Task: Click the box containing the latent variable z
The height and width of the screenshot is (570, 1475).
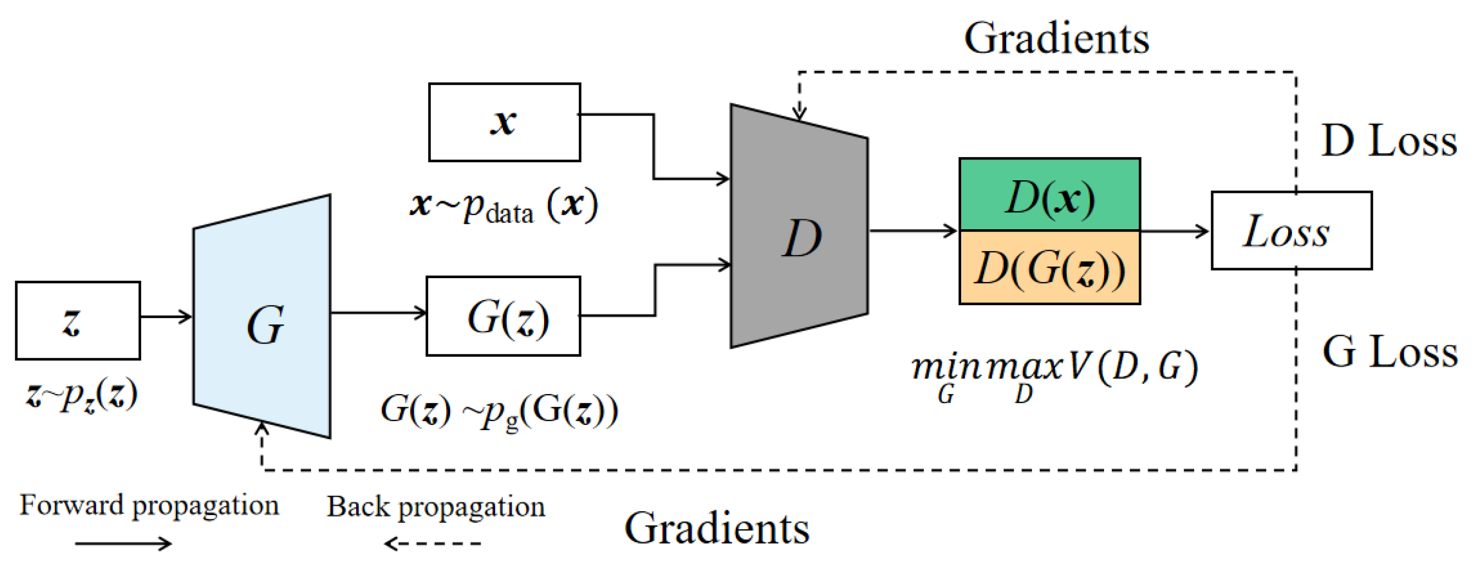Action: pyautogui.click(x=78, y=320)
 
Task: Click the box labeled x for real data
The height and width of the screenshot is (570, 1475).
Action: pyautogui.click(x=504, y=122)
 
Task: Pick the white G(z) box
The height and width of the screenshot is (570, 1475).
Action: pyautogui.click(x=503, y=316)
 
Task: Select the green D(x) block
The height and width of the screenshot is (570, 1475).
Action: pyautogui.click(x=1049, y=195)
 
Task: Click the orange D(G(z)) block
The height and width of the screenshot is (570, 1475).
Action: pyautogui.click(x=1049, y=268)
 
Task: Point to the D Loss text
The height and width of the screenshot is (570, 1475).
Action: pyautogui.click(x=1389, y=140)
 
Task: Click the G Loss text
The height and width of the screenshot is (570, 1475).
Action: pyautogui.click(x=1389, y=351)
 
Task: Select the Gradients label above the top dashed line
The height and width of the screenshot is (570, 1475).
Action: pyautogui.click(x=1056, y=38)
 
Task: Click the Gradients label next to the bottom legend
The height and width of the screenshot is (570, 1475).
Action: pyautogui.click(x=716, y=528)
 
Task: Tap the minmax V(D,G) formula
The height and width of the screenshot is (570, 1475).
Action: pyautogui.click(x=1053, y=372)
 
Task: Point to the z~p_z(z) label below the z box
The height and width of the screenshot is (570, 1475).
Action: pyautogui.click(x=81, y=395)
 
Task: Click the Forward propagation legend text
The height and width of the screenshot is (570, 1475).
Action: pyautogui.click(x=149, y=505)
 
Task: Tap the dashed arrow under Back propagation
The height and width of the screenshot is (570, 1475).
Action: pyautogui.click(x=432, y=543)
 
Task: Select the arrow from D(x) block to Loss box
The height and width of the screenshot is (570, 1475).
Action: pyautogui.click(x=1174, y=231)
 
